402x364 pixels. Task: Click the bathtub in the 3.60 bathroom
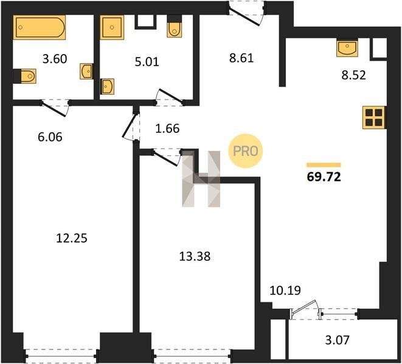point(40,27)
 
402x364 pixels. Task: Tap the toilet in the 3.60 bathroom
point(25,76)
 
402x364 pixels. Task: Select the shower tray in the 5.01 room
point(112,27)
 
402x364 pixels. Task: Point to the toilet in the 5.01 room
point(175,26)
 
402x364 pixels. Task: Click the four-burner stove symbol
point(374,118)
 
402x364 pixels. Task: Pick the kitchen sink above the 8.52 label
point(347,48)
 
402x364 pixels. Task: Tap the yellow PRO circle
point(246,151)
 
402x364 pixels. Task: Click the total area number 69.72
point(324,177)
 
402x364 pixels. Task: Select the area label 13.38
point(195,256)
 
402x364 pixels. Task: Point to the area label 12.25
point(72,238)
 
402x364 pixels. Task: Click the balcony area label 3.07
point(337,340)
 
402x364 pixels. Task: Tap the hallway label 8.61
point(241,58)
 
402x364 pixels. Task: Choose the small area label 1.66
point(167,129)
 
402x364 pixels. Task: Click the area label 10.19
point(285,291)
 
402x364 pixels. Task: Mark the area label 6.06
point(50,137)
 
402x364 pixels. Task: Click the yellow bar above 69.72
point(324,165)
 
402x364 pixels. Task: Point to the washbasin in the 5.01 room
point(108,87)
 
